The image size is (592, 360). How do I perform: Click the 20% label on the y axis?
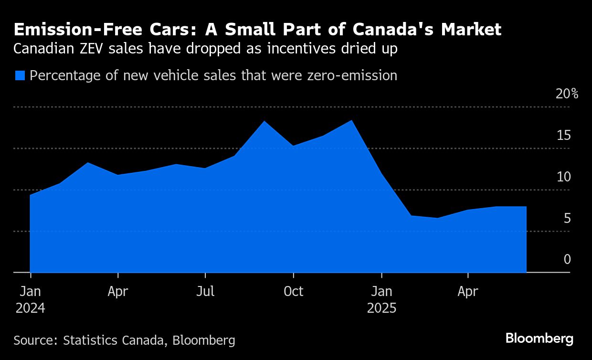[x=567, y=94]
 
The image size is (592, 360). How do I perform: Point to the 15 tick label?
[x=564, y=136]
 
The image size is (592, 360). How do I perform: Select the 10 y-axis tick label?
[x=564, y=177]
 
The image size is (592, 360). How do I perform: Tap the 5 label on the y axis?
[x=567, y=219]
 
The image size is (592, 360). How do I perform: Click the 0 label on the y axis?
[x=567, y=260]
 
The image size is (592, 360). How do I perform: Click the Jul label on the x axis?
[x=205, y=291]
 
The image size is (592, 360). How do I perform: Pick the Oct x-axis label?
[x=293, y=291]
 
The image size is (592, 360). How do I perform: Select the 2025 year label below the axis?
[x=381, y=308]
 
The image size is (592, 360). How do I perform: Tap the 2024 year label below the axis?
[x=30, y=308]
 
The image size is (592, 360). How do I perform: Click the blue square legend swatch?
[x=20, y=75]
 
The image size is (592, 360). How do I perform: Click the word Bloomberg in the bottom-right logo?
[x=539, y=339]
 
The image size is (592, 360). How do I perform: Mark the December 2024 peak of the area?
[x=352, y=120]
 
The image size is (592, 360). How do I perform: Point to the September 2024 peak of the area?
[x=264, y=121]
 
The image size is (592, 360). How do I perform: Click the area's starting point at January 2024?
[x=30, y=195]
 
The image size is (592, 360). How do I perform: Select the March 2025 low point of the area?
[x=437, y=218]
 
